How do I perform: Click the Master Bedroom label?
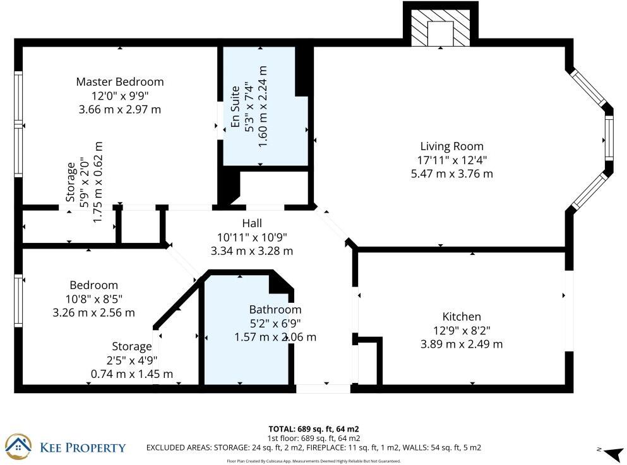pos(119,82)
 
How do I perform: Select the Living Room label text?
pos(451,147)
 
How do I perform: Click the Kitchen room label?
pos(462,317)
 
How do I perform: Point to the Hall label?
pos(251,223)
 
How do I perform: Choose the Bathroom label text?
pos(275,310)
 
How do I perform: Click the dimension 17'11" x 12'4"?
pos(451,160)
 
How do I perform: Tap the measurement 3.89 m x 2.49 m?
pos(462,344)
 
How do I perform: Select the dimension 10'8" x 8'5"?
pos(93,299)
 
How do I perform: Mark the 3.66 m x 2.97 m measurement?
pos(119,109)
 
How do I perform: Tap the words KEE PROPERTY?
pos(83,448)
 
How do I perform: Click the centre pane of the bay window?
pos(609,138)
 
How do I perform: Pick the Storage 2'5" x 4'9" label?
pos(132,346)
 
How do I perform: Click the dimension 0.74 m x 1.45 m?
pos(132,374)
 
